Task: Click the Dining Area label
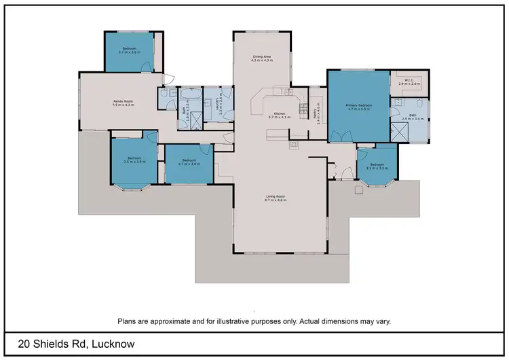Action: pos(262,58)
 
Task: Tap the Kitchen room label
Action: pos(279,113)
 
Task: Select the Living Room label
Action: pos(276,197)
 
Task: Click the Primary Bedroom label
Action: pos(358,105)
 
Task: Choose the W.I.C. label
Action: pos(409,80)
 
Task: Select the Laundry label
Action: pos(218,104)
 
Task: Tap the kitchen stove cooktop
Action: pos(294,144)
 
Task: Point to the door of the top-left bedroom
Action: pos(147,67)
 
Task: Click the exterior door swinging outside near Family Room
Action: pos(169,78)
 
